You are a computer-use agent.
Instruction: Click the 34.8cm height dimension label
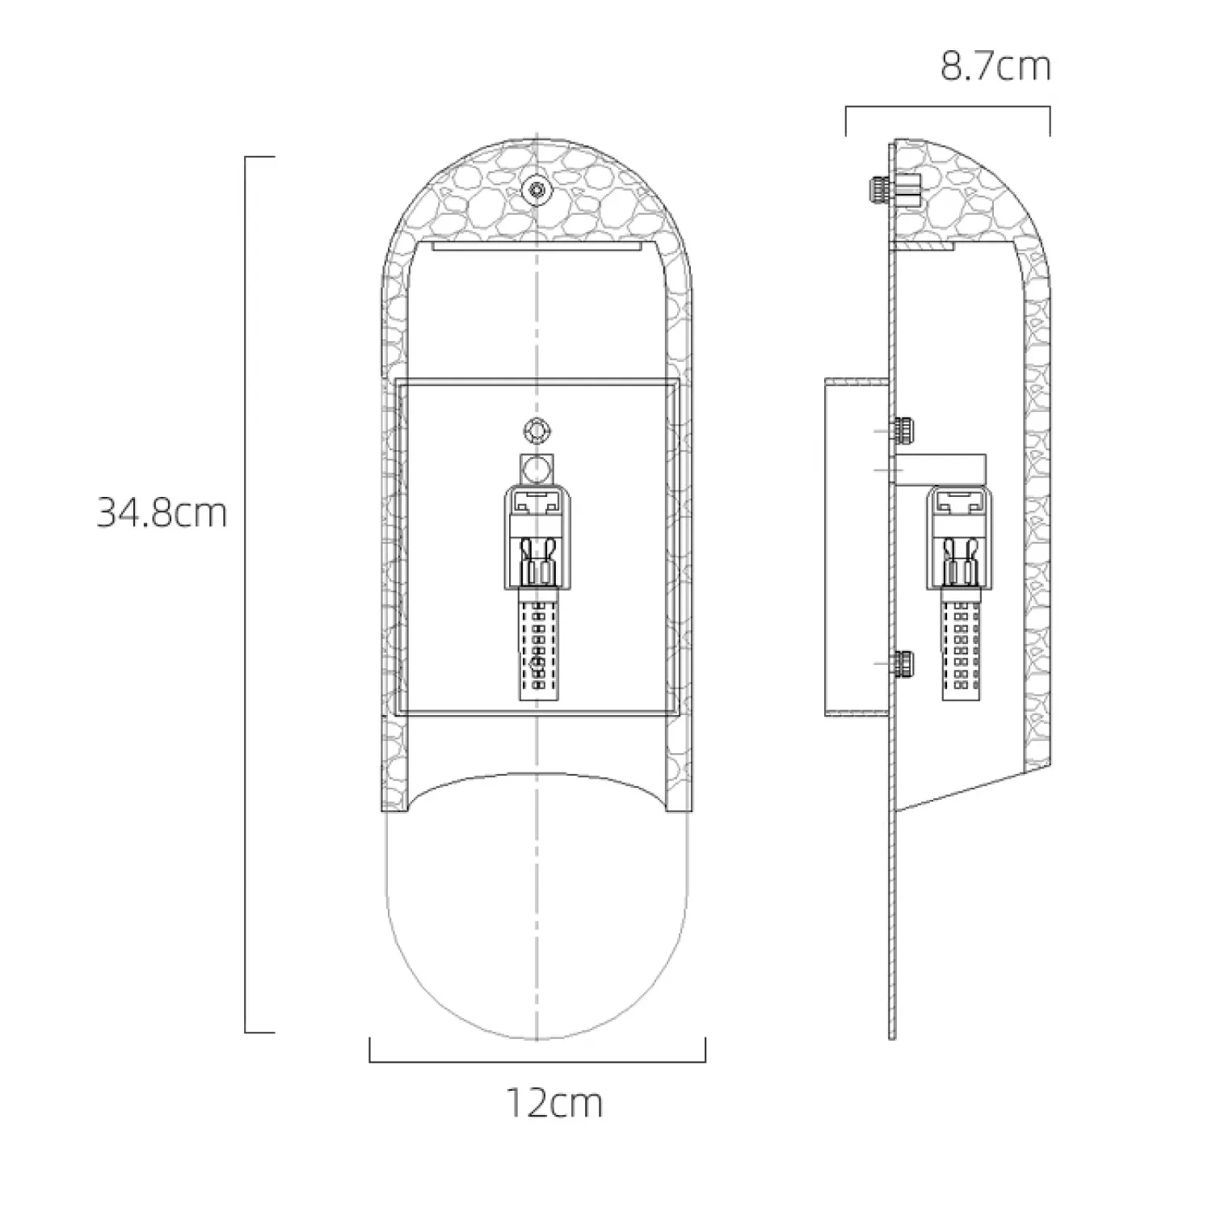(162, 513)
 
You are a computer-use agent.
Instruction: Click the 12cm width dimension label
(554, 1103)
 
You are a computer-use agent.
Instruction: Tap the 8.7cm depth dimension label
(995, 66)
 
